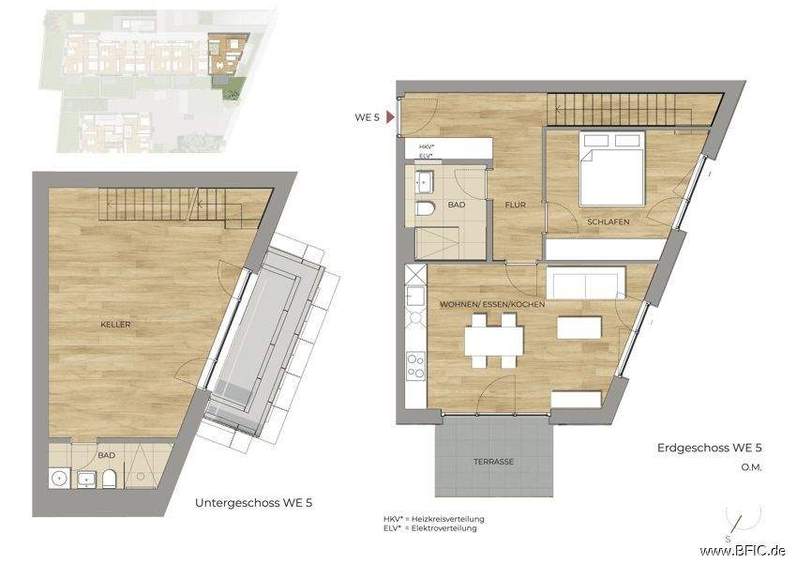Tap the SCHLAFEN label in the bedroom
(609, 221)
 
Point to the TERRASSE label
(491, 464)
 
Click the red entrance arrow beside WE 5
(390, 118)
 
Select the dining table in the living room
(493, 340)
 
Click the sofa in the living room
(584, 282)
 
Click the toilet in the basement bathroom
(109, 480)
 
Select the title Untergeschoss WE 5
(253, 503)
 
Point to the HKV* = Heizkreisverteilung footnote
(433, 519)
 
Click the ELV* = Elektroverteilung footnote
(429, 528)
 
